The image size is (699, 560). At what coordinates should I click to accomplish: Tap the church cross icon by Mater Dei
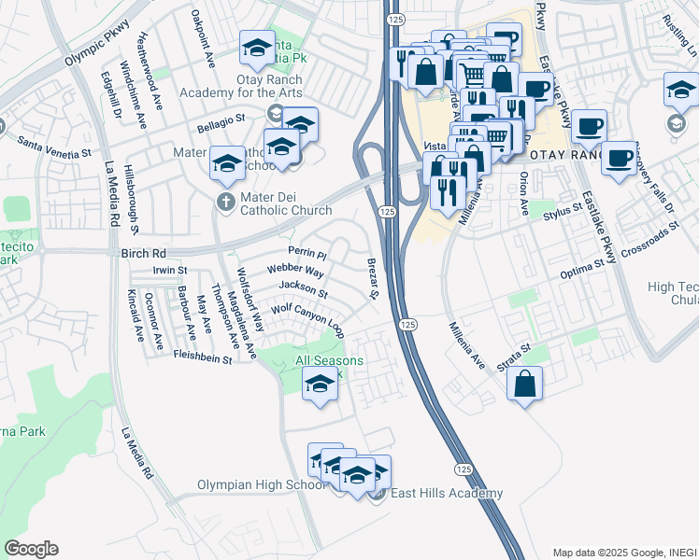(225, 202)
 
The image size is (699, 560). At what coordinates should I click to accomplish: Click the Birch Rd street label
(143, 253)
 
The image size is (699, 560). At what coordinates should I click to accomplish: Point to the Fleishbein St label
(202, 357)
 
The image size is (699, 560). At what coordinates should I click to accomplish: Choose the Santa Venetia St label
(55, 146)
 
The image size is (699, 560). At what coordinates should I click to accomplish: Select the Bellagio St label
(221, 122)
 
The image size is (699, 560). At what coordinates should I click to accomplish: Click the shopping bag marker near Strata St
(526, 383)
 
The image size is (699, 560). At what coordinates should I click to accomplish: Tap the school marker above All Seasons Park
(321, 384)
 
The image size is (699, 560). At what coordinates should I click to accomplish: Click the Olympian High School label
(261, 485)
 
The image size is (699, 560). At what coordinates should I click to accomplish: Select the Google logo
(31, 549)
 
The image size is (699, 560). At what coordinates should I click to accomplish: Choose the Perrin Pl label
(307, 254)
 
